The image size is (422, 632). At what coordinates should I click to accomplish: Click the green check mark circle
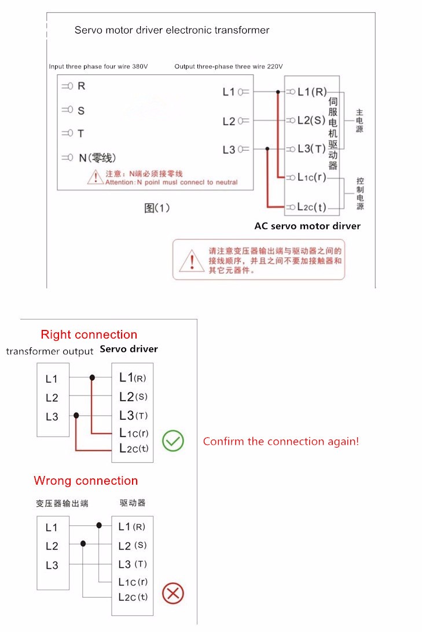[173, 441]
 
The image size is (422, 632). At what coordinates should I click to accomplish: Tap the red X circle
[173, 593]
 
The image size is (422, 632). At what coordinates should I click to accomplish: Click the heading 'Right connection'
[89, 335]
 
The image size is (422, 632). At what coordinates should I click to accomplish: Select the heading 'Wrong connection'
[86, 481]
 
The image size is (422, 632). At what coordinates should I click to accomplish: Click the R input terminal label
[81, 86]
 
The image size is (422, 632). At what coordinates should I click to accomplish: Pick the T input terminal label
[81, 133]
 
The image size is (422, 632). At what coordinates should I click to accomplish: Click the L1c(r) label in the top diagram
[312, 177]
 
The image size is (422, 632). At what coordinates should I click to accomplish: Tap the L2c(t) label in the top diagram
[312, 207]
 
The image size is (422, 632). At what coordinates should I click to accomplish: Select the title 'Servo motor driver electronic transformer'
[172, 30]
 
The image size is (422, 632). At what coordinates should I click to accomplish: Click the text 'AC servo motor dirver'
[307, 226]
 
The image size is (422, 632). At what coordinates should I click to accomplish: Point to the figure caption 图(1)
[157, 208]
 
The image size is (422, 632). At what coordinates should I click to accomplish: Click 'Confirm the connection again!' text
[281, 441]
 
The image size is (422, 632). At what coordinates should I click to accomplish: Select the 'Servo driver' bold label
[129, 349]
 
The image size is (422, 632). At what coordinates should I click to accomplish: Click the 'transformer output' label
[50, 351]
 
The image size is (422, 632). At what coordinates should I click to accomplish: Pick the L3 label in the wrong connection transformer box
[52, 565]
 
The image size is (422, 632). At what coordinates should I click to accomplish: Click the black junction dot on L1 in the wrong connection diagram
[100, 525]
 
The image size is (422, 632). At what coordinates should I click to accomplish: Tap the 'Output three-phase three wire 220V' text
[229, 67]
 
